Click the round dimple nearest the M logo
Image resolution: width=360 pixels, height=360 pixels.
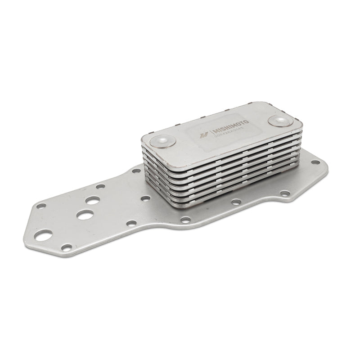coord(165,141)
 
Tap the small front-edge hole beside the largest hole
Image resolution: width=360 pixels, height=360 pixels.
coord(67,247)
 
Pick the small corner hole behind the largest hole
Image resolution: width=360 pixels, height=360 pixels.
coord(41,206)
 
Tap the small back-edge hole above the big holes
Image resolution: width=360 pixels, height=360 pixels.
coord(101,186)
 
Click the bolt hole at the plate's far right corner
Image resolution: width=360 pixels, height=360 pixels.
coord(317,161)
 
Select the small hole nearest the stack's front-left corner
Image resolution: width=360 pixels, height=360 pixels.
coord(145,198)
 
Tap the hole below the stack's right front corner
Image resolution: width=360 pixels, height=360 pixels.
coord(285,193)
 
